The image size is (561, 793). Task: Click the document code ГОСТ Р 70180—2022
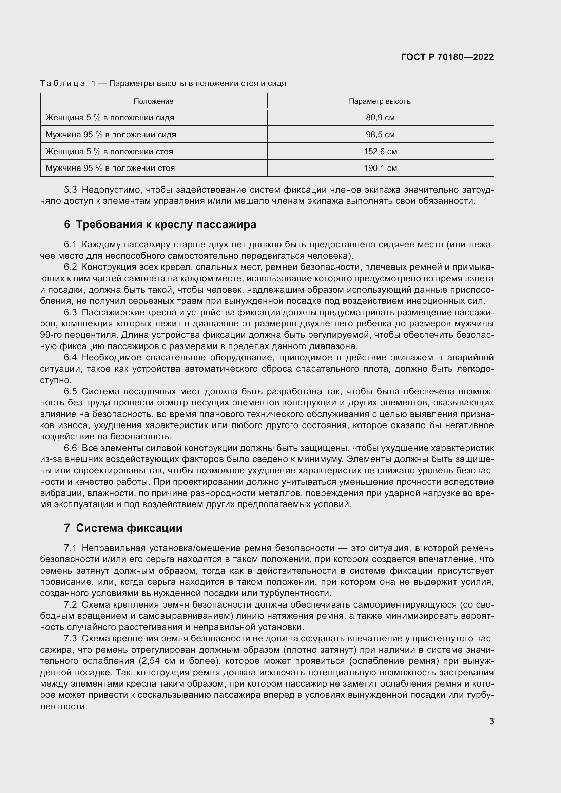tap(447, 57)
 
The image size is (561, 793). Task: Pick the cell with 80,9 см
tap(380, 118)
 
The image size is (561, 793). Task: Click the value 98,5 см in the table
tap(380, 135)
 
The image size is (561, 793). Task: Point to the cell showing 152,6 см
tap(380, 152)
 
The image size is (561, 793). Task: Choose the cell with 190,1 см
tap(380, 168)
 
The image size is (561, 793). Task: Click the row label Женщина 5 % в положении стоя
tap(109, 152)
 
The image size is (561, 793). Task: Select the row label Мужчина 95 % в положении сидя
tap(111, 135)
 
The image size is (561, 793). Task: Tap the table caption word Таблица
tap(62, 84)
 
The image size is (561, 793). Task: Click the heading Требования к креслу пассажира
tap(166, 225)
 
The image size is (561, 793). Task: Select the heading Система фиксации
tap(129, 528)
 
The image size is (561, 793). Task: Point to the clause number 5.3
tap(70, 190)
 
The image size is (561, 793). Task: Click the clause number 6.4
tap(70, 357)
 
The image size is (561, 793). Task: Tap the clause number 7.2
tap(70, 605)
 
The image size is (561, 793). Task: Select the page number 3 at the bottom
tap(491, 721)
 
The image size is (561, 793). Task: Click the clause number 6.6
tap(70, 448)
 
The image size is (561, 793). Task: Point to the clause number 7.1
tap(70, 548)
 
